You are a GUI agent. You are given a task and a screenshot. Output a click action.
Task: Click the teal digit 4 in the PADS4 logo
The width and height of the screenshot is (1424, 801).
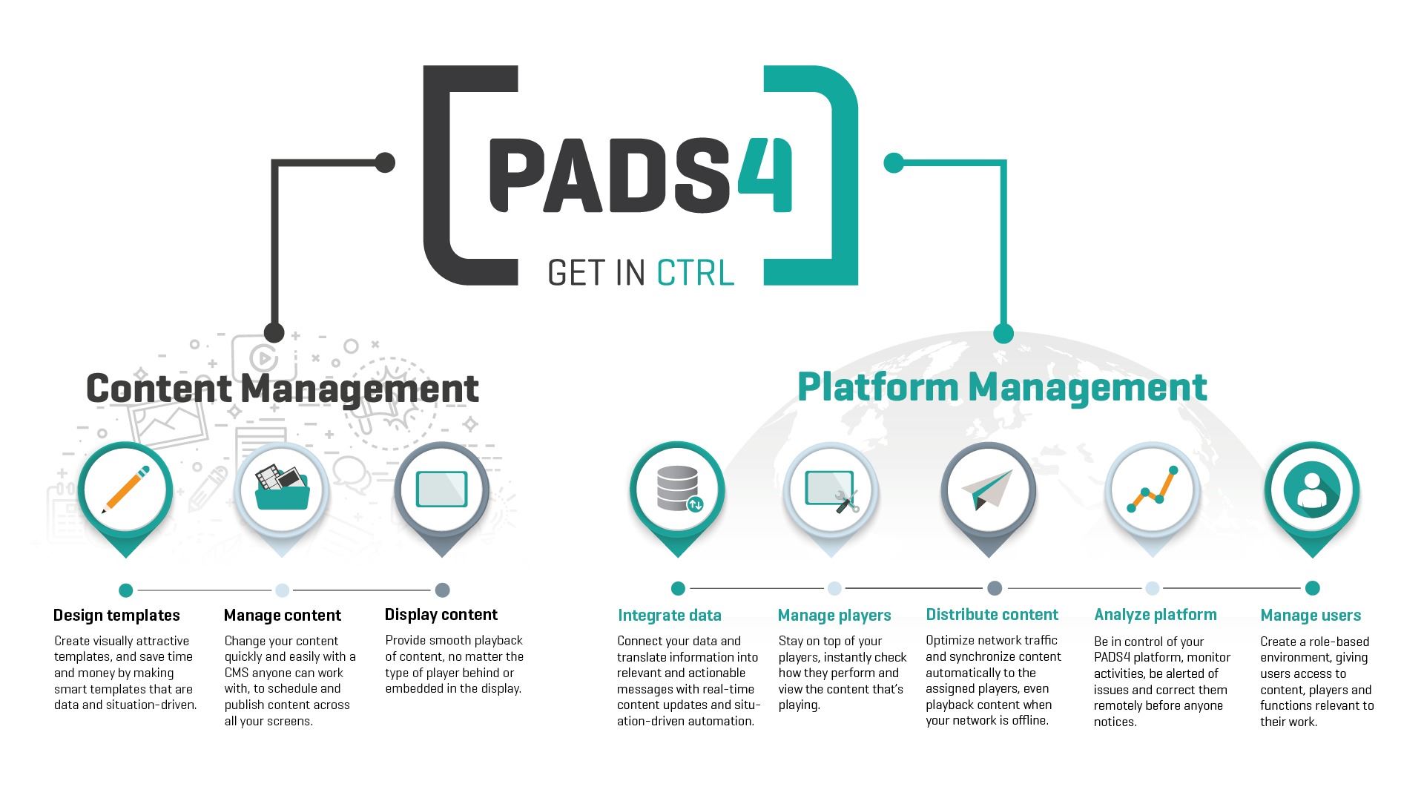(765, 174)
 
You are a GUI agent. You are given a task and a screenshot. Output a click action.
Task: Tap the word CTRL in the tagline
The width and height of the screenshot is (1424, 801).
(695, 272)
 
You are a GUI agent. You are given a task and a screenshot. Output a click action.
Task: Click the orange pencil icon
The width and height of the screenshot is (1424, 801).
(125, 489)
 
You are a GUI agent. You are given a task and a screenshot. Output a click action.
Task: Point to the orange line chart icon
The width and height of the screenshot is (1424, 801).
(1153, 489)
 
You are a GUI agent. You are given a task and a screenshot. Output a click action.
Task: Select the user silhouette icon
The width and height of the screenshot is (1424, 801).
(1311, 490)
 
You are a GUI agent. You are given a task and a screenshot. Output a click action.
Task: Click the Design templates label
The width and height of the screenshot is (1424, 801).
(116, 616)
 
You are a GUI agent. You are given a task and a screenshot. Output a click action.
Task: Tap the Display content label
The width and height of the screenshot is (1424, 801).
(441, 615)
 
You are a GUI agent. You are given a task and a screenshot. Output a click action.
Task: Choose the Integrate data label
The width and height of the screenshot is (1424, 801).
(670, 616)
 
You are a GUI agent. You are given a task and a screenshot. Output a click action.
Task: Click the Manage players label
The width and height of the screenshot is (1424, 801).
(834, 616)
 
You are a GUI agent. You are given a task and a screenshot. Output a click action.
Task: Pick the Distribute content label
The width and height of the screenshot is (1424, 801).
(992, 615)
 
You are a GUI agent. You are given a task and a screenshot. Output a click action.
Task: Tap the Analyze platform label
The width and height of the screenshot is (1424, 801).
(1156, 615)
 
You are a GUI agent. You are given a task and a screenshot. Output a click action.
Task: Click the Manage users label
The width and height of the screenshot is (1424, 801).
(1311, 616)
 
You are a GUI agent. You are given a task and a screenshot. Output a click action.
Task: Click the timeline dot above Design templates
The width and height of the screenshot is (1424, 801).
(126, 590)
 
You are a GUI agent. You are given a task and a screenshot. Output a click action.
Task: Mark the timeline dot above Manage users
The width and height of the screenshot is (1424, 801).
(1312, 588)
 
